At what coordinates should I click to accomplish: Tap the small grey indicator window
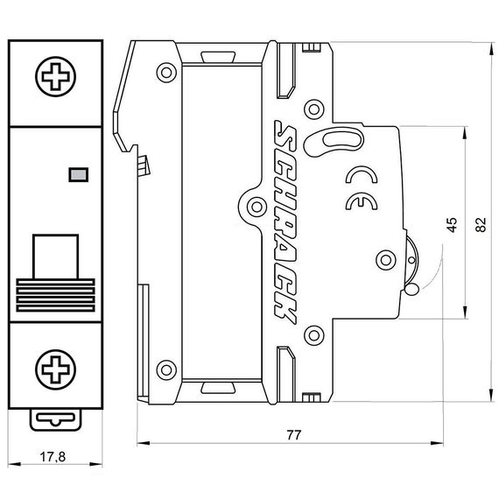pyautogui.click(x=77, y=174)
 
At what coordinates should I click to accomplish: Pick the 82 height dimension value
pyautogui.click(x=479, y=223)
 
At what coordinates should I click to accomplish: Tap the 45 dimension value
pyautogui.click(x=450, y=223)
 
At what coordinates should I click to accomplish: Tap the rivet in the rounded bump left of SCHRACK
pyautogui.click(x=255, y=207)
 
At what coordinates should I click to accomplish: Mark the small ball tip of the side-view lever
pyautogui.click(x=411, y=290)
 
